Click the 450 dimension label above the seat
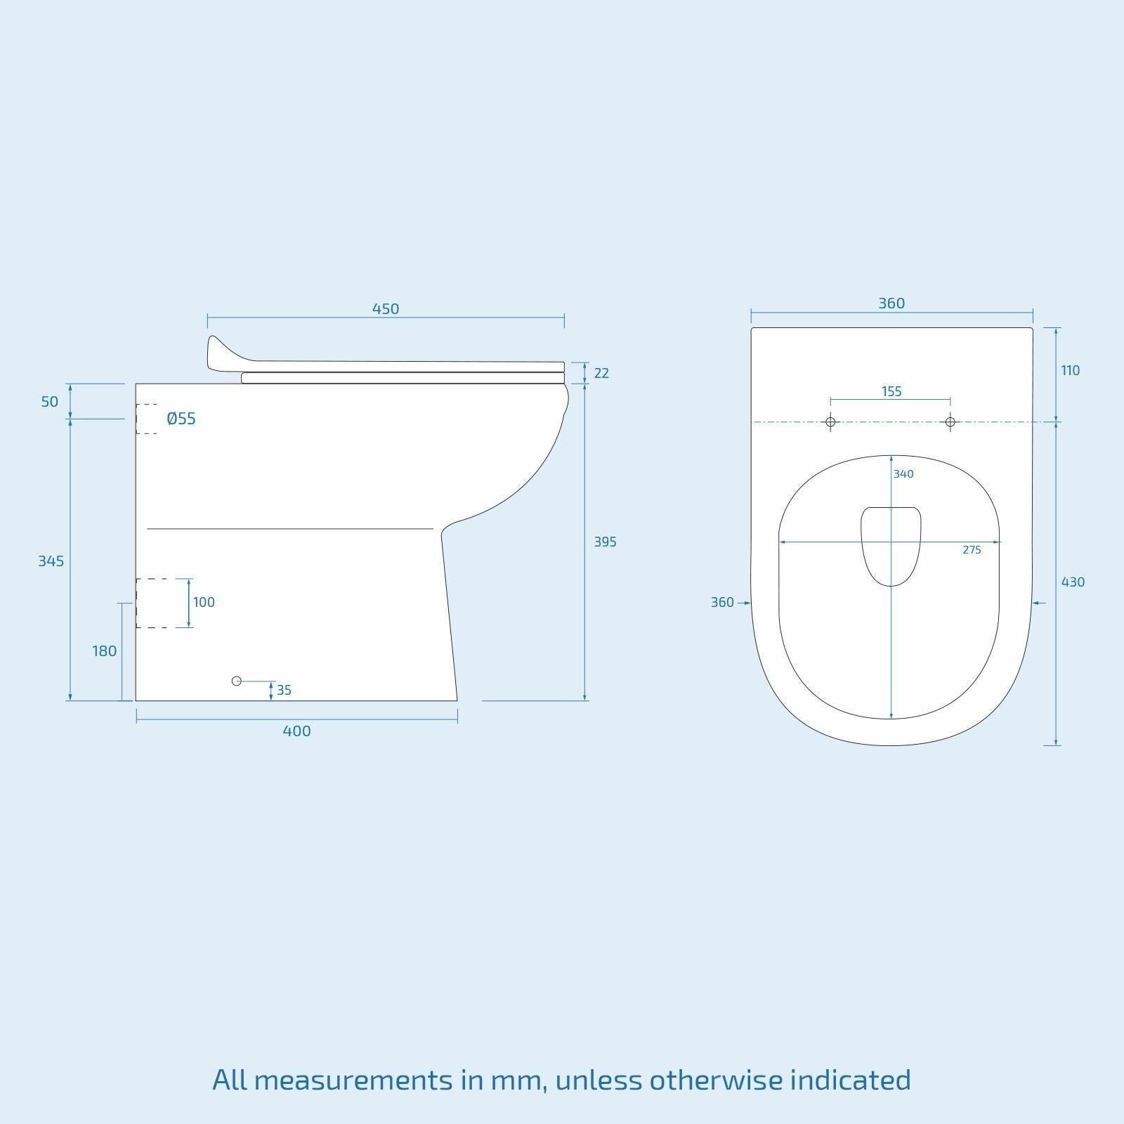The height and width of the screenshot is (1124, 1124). point(386,308)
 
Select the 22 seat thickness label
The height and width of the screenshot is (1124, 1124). point(601,373)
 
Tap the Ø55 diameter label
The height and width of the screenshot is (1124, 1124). point(181,419)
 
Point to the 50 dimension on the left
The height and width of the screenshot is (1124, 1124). point(50,402)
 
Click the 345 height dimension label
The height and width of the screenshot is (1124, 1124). point(51,561)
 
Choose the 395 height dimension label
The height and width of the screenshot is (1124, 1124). point(605,542)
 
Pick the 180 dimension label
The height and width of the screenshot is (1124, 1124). point(105,651)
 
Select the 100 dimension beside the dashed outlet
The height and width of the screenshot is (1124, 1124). point(204,602)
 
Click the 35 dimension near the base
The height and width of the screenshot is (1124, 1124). point(284,690)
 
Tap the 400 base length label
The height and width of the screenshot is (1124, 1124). point(296,731)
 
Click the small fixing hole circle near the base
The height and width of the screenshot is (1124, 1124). point(237,681)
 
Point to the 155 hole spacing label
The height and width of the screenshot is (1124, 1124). point(891,391)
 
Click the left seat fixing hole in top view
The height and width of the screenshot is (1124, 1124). point(830,422)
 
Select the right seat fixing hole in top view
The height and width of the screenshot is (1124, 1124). point(950,422)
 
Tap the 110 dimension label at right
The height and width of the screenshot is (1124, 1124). point(1071,370)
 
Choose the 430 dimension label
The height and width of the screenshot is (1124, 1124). point(1073,582)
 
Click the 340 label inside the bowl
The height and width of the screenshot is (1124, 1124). point(903,474)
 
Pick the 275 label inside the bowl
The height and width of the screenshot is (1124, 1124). point(972,550)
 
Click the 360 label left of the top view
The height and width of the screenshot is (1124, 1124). point(722,602)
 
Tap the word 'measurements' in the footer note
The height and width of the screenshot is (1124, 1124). point(353,1079)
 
